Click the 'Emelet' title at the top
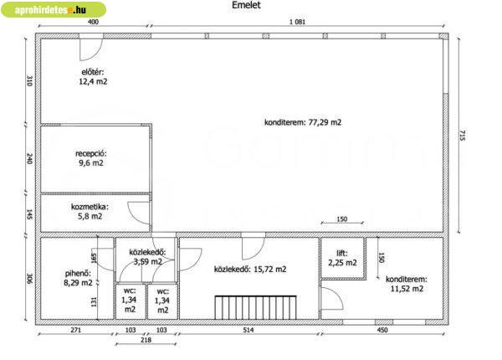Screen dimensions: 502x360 [246, 5]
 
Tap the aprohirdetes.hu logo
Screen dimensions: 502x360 [54, 9]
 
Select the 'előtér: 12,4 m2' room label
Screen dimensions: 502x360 [93, 77]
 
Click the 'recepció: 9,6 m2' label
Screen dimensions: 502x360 [91, 158]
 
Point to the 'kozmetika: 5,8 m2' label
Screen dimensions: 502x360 [90, 211]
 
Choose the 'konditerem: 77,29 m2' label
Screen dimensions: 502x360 [303, 122]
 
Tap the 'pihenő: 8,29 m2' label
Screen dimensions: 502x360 [78, 278]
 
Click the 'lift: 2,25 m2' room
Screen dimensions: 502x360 [342, 258]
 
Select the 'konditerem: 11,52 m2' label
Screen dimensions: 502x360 [407, 284]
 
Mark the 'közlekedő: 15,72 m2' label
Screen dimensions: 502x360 [250, 270]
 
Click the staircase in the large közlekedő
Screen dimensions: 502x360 [255, 307]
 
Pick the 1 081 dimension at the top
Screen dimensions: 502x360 [297, 22]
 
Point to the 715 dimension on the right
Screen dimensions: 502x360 [463, 135]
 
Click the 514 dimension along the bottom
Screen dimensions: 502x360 [248, 330]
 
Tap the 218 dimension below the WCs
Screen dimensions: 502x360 [146, 340]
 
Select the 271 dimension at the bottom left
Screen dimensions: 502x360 [76, 330]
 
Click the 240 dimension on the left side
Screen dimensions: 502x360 [29, 159]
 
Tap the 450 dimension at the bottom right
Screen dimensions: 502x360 [382, 330]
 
